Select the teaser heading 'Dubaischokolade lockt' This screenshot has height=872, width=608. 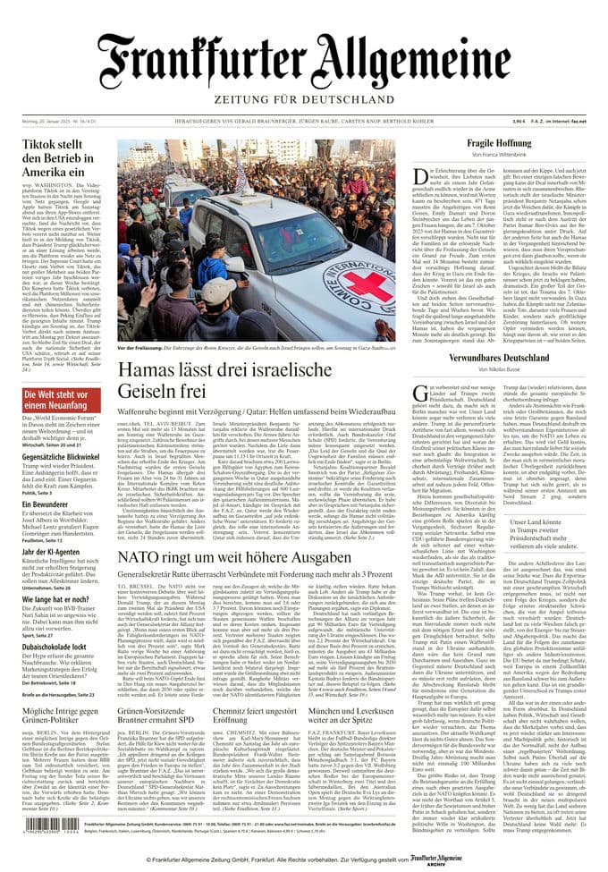(x=53, y=645)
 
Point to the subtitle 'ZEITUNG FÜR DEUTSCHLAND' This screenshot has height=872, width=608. (x=304, y=98)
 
